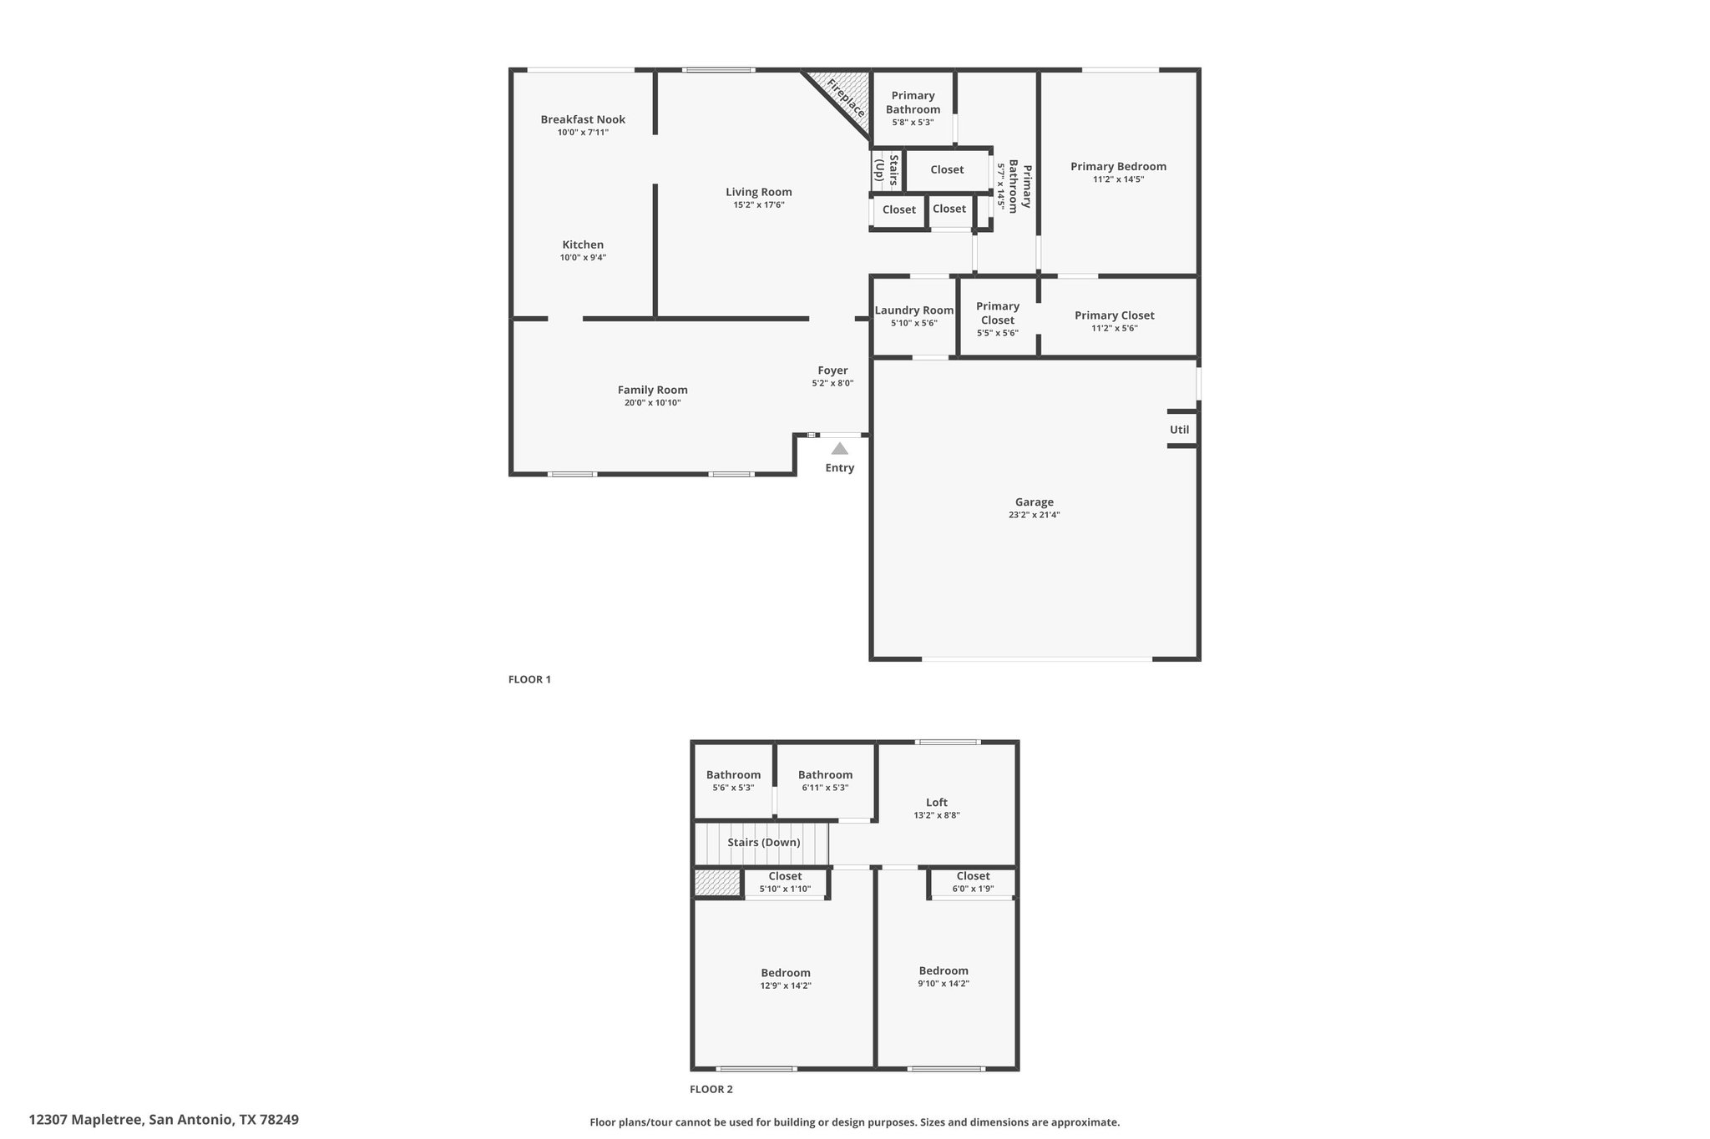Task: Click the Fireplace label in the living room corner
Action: pos(845,98)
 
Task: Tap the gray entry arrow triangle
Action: pos(840,449)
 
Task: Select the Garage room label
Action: pos(1035,502)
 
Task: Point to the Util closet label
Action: pos(1179,430)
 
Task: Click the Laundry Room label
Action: pos(914,310)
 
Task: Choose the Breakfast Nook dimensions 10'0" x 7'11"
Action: pos(583,133)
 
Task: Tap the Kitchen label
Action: pos(583,244)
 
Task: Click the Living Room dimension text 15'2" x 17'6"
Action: pos(759,204)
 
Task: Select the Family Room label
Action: pos(653,390)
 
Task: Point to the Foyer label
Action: pos(832,370)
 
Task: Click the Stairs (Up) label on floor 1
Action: pos(886,169)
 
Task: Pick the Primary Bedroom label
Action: pos(1119,166)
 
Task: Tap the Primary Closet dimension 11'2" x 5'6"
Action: pos(1115,328)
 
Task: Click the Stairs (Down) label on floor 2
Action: pos(764,842)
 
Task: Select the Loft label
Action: pos(937,803)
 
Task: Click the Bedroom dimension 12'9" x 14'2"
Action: pos(786,985)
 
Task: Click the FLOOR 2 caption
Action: pos(711,1089)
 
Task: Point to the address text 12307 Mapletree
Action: pos(87,1119)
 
